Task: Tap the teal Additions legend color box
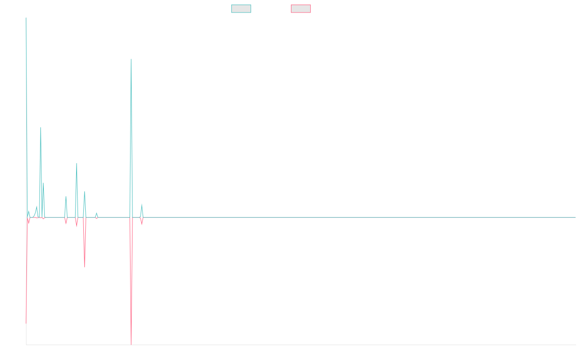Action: (241, 9)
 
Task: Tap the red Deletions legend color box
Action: (301, 9)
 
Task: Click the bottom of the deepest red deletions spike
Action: (131, 345)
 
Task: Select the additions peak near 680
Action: (40, 128)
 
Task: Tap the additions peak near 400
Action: (77, 163)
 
